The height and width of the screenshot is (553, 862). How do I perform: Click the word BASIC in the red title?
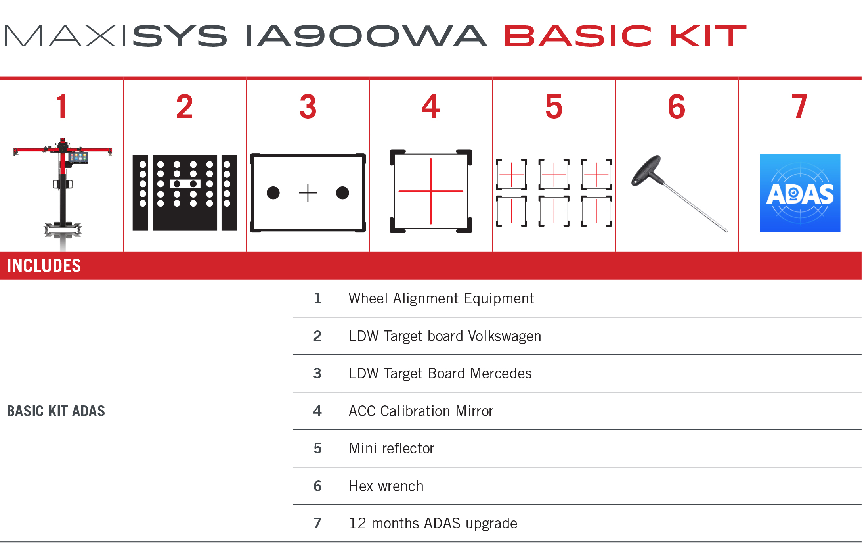(x=577, y=36)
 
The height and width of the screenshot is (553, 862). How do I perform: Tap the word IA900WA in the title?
(x=366, y=36)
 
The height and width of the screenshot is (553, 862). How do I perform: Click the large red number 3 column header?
(x=308, y=107)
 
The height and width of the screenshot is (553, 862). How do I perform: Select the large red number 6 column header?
(x=677, y=107)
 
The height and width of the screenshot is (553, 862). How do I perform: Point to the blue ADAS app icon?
(x=800, y=193)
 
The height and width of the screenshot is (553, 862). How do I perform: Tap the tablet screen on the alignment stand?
(x=78, y=157)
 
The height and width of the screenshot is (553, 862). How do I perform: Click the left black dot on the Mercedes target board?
(x=273, y=193)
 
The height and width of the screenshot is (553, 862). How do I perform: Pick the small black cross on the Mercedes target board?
(x=308, y=193)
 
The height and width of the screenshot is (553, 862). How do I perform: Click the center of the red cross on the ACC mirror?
(x=431, y=191)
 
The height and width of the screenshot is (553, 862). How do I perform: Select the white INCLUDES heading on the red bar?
(x=44, y=266)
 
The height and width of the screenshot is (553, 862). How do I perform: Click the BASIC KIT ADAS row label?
(x=56, y=411)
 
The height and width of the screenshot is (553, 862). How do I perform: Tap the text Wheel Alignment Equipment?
(x=441, y=298)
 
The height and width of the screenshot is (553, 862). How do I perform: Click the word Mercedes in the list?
(x=501, y=373)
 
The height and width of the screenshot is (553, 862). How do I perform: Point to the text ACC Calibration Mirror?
(x=421, y=411)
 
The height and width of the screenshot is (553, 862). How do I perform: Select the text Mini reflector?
(x=392, y=448)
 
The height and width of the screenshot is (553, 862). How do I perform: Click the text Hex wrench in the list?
(x=386, y=486)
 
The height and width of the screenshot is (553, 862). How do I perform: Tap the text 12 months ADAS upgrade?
(x=433, y=523)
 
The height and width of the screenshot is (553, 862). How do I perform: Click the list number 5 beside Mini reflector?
(x=317, y=448)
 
